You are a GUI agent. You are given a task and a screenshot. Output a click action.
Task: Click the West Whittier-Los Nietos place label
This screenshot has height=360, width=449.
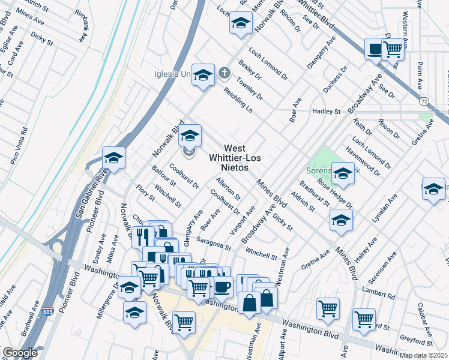click(x=228, y=158)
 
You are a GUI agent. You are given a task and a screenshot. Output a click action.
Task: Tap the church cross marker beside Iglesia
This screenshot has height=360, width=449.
click(x=224, y=74)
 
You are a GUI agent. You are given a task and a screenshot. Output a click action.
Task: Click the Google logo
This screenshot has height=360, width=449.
click(x=20, y=353)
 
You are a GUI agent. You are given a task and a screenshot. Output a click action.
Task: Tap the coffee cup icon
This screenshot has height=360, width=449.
click(x=223, y=287)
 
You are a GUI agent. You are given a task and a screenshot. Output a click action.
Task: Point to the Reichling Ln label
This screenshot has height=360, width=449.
click(x=238, y=99)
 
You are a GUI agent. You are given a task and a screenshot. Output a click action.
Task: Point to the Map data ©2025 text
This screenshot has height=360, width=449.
click(x=423, y=355)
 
